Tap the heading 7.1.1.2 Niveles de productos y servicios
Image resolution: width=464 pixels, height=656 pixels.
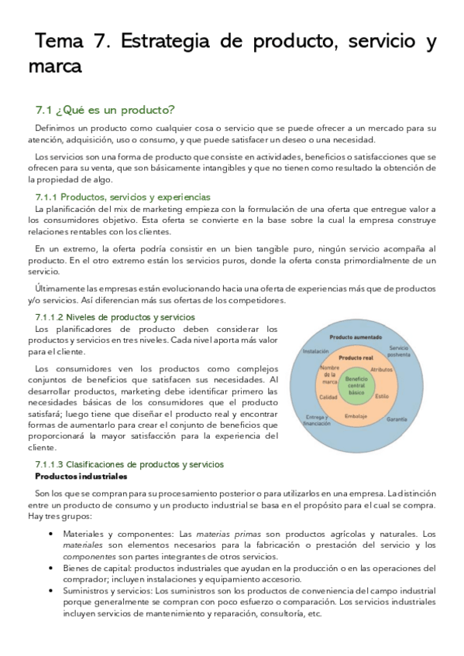click(115, 317)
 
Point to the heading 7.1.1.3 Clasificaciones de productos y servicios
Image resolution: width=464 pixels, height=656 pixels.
click(129, 464)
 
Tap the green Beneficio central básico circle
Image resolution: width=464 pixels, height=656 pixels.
click(357, 384)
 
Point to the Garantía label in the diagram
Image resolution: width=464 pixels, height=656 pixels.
click(397, 419)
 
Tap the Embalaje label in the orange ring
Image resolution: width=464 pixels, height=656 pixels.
click(356, 415)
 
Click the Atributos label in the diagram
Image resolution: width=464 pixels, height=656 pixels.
click(382, 371)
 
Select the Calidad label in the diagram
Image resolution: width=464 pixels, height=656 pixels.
click(328, 396)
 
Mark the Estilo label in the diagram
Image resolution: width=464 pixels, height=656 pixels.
click(382, 396)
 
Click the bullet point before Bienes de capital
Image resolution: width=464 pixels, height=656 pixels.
click(50, 567)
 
